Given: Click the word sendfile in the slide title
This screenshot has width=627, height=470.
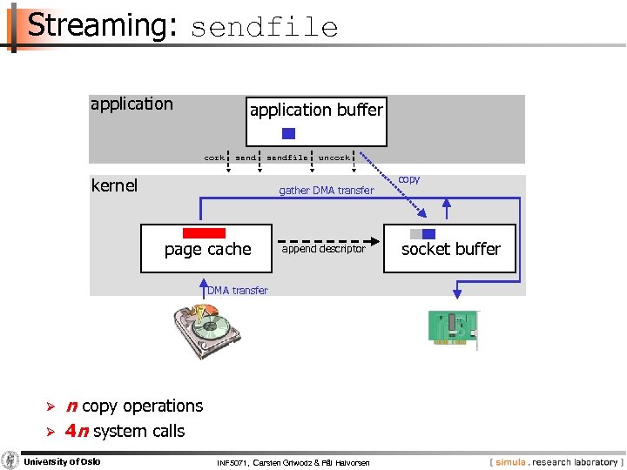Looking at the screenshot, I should pos(264,28).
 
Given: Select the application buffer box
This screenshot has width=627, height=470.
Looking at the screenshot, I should pos(316,120).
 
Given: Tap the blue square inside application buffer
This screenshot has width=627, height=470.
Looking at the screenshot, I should pos(289,134).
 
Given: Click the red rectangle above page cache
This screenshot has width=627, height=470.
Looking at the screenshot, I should pos(205,233).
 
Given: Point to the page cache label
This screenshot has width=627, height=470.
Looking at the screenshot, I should pos(207,250).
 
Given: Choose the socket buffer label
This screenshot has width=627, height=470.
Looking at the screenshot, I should pos(451,249).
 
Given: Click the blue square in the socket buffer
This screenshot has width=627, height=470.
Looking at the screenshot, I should pos(428,234).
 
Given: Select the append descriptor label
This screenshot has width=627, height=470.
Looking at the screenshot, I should pos(324,249).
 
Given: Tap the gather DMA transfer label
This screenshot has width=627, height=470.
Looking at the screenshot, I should pos(326,191).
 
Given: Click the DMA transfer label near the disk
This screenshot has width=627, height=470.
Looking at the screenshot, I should pos(238,291).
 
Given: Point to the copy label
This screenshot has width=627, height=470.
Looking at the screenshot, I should pos(408,179).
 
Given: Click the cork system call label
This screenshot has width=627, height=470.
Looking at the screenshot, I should pos(214,158).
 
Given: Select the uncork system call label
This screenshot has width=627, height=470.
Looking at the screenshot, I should pos(334,158).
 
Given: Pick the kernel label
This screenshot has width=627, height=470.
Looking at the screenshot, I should pos(114,185).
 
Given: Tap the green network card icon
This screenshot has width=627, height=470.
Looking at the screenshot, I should pos(452,329).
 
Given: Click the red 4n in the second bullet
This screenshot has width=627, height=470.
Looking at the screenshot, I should pos(76,431).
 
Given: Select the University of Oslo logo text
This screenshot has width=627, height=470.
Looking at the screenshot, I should pos(60,461).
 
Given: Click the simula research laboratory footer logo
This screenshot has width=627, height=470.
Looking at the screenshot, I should pos(555,461).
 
